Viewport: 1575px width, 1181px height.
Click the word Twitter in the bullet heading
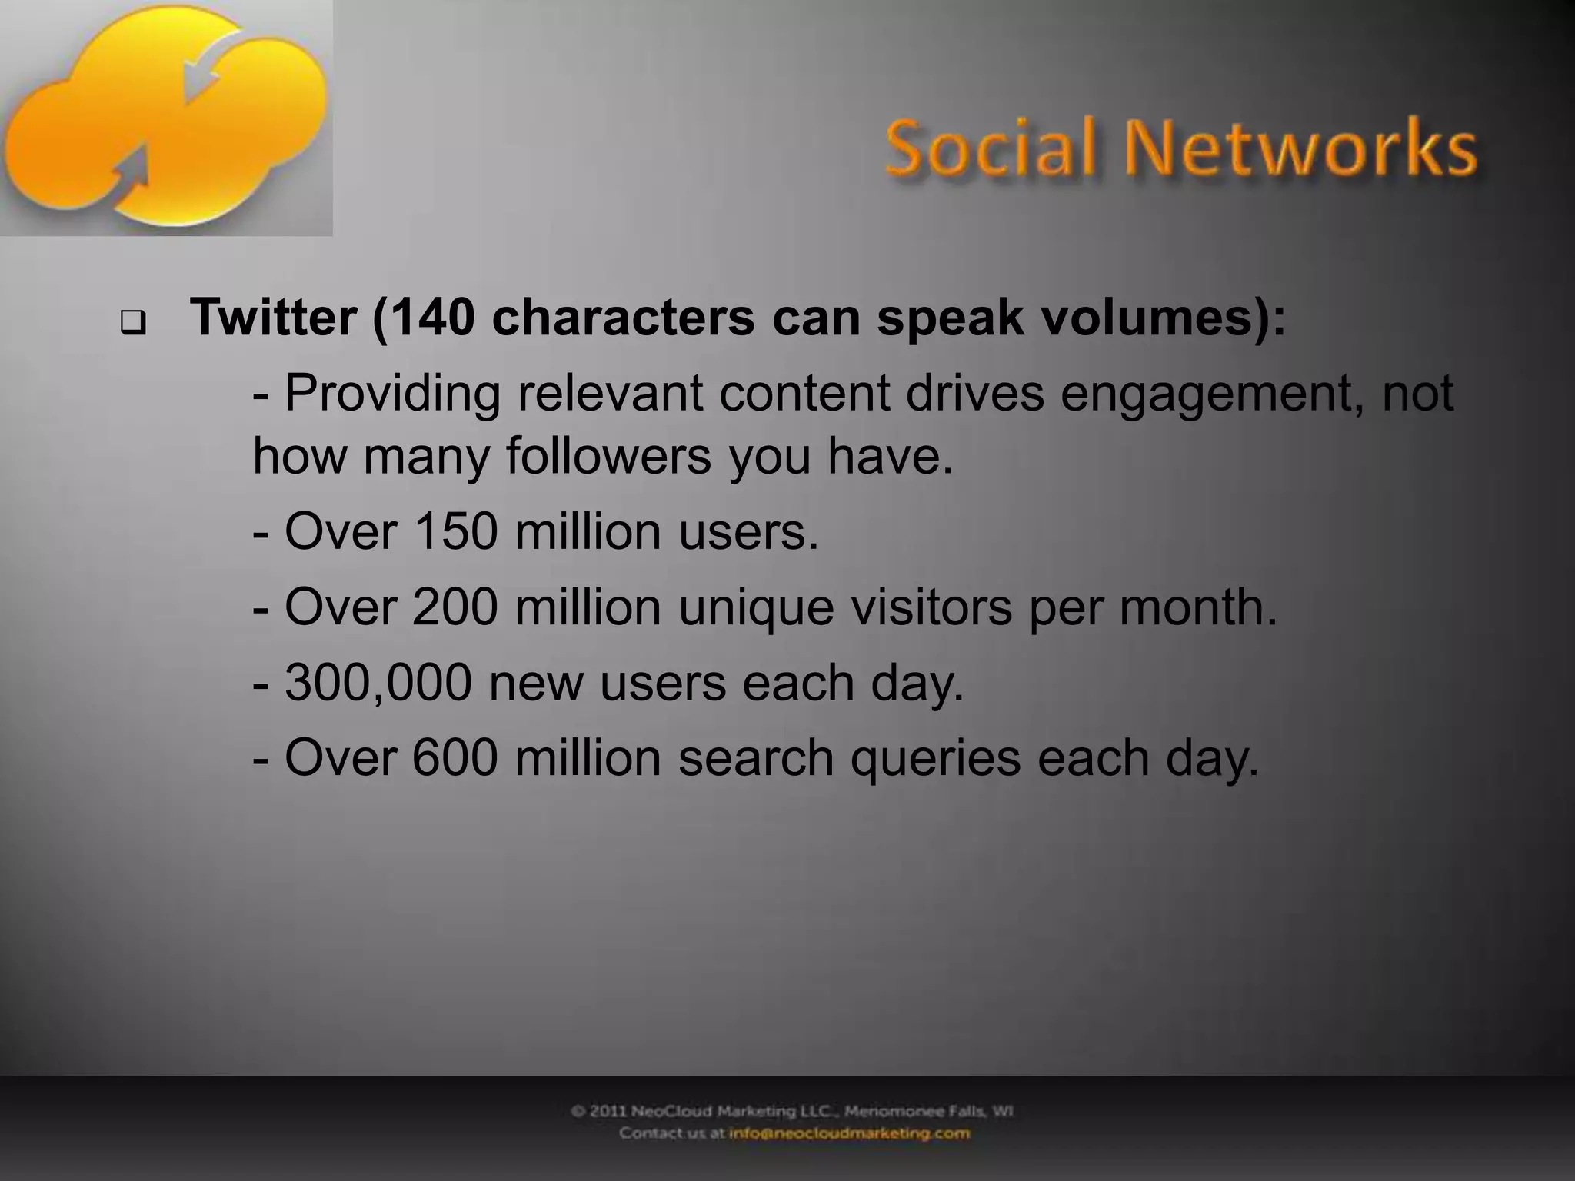(273, 317)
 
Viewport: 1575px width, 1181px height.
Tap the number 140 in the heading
(433, 317)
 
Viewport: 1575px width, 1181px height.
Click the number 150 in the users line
(455, 532)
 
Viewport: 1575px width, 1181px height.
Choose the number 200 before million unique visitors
(455, 607)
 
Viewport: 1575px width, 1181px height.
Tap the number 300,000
(378, 683)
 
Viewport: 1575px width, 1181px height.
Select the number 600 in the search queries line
(455, 758)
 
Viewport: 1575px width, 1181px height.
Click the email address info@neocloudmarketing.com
(849, 1133)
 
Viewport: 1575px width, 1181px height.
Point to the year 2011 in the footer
(611, 1111)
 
